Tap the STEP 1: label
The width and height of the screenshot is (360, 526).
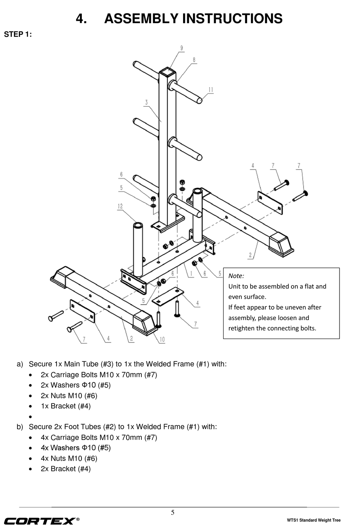point(18,35)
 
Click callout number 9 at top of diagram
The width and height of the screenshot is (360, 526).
point(182,48)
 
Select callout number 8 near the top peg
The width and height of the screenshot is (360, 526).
point(194,60)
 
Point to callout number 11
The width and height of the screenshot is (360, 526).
point(211,90)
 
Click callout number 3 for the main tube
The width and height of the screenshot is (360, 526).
point(146,102)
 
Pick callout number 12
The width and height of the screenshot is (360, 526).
point(120,206)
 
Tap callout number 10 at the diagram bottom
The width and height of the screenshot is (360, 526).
point(162,339)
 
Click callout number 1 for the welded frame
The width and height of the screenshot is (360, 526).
point(191,274)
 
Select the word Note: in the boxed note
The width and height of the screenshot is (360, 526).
point(236,276)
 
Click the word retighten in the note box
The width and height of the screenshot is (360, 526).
point(241,328)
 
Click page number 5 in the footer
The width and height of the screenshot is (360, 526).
point(173,513)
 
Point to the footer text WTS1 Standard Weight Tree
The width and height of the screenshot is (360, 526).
point(314,520)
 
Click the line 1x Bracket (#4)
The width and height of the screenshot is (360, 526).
point(66,406)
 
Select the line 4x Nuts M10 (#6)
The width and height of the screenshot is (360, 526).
point(69,458)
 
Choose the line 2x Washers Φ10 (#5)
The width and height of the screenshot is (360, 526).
point(76,385)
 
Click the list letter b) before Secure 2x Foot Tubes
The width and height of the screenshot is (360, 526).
point(20,427)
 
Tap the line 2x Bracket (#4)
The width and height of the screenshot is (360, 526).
point(66,469)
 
